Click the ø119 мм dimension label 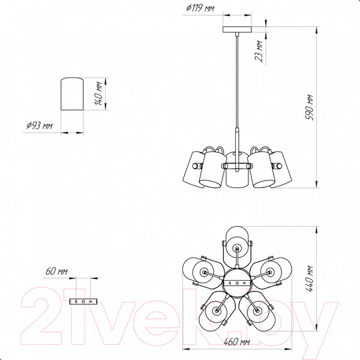200,8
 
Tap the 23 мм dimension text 259,51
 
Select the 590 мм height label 310,107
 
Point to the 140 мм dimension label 99,94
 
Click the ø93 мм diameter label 40,125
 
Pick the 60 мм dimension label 56,271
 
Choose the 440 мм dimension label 310,278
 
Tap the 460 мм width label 237,342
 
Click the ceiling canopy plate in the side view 237,29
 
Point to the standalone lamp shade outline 72,94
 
